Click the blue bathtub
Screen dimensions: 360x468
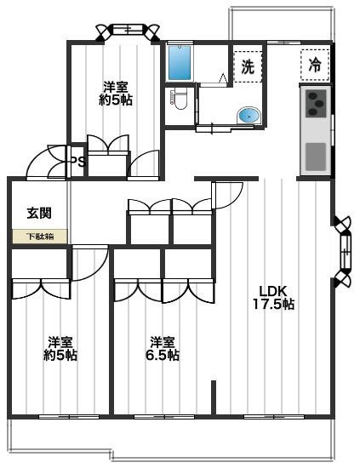click(180, 63)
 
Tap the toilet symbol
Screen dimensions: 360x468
click(179, 99)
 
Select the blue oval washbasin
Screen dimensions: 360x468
click(249, 116)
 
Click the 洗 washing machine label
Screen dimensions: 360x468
click(248, 66)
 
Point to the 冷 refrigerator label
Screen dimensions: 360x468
click(315, 65)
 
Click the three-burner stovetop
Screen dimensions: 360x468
click(316, 103)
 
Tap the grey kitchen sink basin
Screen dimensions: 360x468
click(316, 157)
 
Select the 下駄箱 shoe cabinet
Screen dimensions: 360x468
click(40, 237)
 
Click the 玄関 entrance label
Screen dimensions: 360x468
click(39, 213)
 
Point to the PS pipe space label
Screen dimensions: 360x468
click(78, 162)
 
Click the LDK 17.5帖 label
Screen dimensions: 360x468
click(273, 298)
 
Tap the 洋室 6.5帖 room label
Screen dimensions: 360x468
click(163, 349)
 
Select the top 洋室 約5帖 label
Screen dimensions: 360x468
click(116, 93)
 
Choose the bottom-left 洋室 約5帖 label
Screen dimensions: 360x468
click(60, 349)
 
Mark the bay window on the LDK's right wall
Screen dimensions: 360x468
click(342, 252)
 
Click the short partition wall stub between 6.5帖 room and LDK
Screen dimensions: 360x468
click(214, 397)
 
